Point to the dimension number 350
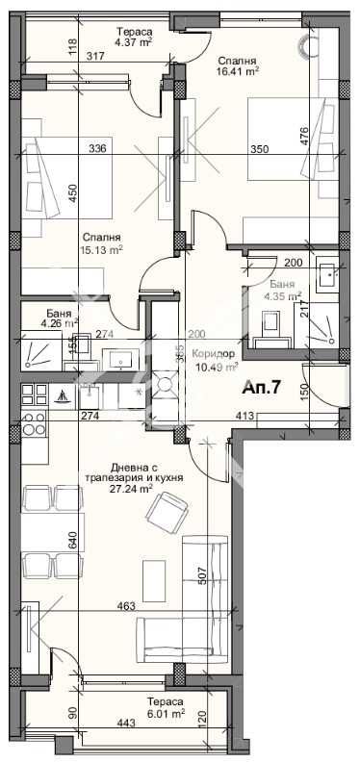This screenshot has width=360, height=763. coord(260,149)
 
